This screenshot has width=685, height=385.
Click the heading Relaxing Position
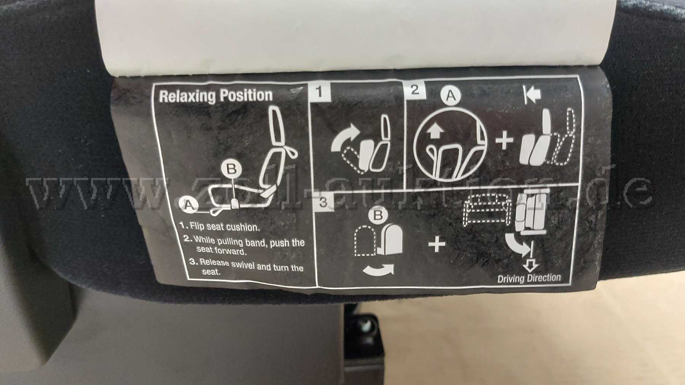216,95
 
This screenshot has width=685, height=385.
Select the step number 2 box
414,90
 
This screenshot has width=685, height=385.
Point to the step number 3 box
323,202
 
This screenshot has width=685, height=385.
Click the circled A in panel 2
451,95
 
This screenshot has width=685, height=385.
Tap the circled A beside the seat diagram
188,205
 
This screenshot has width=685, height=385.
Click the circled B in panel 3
378,216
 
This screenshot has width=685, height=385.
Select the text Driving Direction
529,278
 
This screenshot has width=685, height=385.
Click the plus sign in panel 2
505,141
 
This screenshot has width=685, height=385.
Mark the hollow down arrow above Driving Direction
532,264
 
